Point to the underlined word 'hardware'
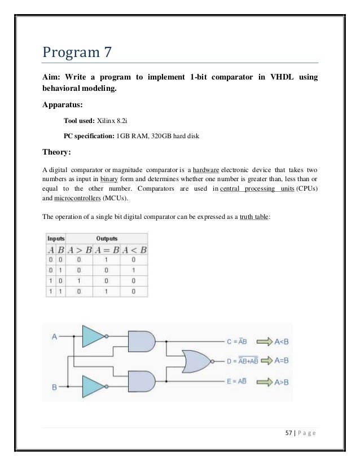coord(206,169)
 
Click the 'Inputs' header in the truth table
coord(55,239)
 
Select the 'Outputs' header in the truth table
coord(107,239)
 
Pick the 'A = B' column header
coord(106,250)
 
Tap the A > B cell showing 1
coord(79,280)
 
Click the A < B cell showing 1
coord(134,270)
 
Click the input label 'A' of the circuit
coord(54,337)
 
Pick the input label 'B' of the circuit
coord(54,388)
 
